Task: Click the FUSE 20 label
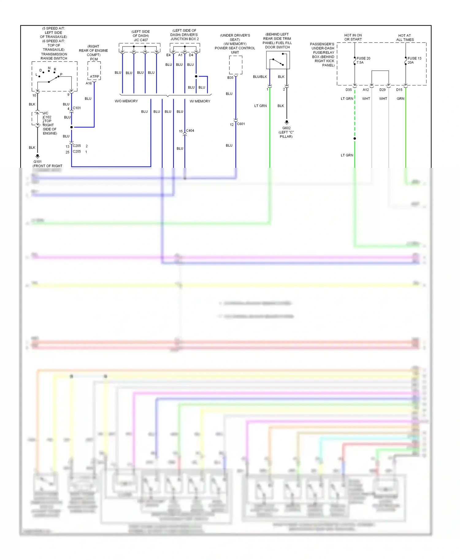tap(363, 58)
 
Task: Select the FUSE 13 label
tap(414, 58)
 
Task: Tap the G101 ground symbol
tap(37, 156)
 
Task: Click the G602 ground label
tap(286, 128)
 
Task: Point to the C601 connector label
tap(241, 124)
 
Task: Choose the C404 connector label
tap(190, 131)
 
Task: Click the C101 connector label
tap(77, 108)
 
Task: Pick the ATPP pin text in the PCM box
tap(94, 77)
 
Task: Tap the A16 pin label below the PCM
tap(89, 83)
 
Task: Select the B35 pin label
tap(230, 78)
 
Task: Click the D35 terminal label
tap(349, 90)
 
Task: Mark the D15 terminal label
tap(399, 90)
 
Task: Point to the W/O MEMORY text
tap(126, 101)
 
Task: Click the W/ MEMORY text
tap(200, 101)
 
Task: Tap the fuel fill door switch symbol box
tap(278, 60)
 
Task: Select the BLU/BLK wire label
tap(260, 77)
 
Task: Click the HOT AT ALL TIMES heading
tap(405, 37)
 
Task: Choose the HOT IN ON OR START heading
tap(353, 37)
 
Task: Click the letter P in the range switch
tap(61, 74)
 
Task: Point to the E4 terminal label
tap(168, 55)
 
